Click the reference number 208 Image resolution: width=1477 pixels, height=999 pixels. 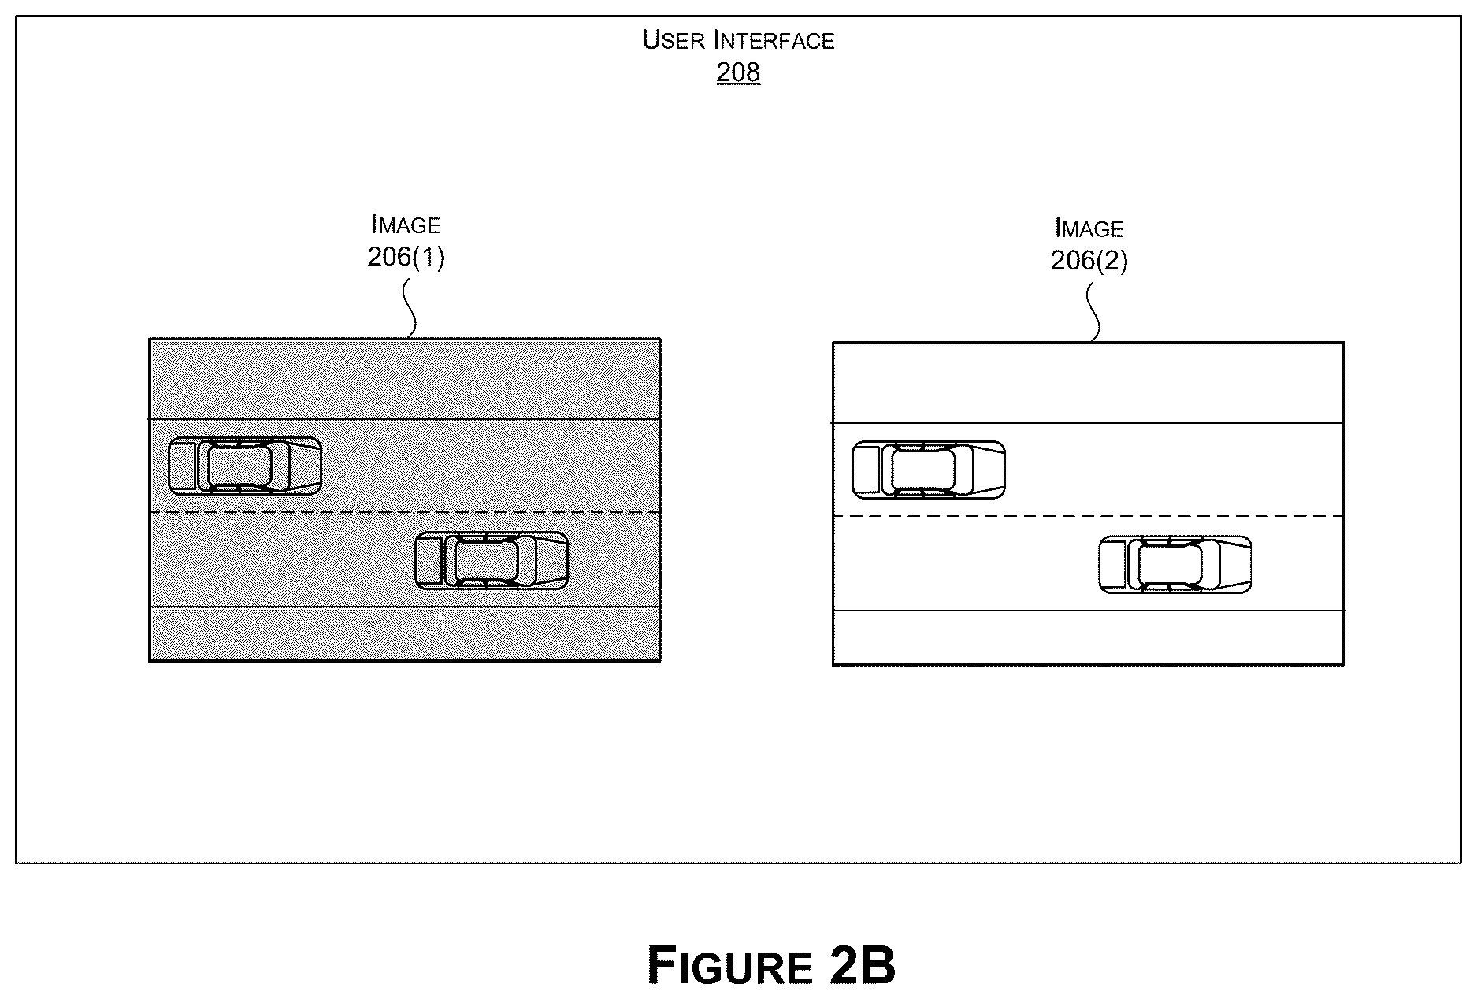[738, 72]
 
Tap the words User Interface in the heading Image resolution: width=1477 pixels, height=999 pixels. [738, 39]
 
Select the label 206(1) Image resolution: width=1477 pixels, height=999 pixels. [406, 257]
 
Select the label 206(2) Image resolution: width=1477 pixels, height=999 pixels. [1089, 260]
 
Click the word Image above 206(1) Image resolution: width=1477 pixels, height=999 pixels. [406, 225]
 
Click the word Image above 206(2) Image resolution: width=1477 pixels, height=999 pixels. [1089, 228]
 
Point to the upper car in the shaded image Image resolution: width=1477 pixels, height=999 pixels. [245, 466]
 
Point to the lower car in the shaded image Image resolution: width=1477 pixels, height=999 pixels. [492, 561]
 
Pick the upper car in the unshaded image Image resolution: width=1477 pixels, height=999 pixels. [929, 470]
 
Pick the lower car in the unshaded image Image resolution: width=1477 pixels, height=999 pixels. [1175, 565]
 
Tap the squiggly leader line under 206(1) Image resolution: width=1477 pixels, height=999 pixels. [409, 310]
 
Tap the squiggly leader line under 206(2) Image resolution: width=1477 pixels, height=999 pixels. [1093, 314]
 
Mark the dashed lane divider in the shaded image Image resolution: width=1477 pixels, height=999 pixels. [405, 513]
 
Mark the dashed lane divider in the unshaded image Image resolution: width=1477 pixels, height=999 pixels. [1089, 517]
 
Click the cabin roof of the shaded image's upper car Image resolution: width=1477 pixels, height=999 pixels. [240, 466]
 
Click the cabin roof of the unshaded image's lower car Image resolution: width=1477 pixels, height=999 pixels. [1171, 565]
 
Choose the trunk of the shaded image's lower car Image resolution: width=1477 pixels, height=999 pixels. [429, 561]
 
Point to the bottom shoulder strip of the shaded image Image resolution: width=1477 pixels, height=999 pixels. [405, 634]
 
